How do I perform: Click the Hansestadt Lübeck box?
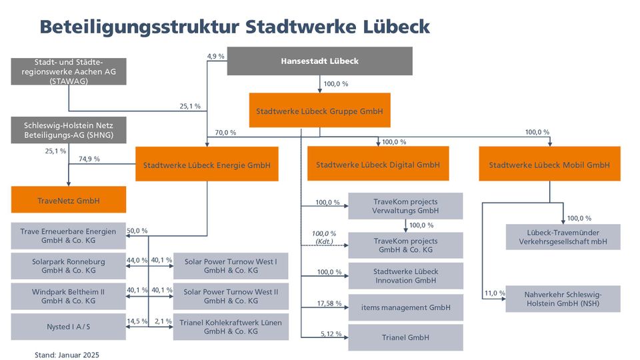(x=320, y=61)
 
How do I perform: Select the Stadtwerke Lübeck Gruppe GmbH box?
(x=319, y=111)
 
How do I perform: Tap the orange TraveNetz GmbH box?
(x=69, y=199)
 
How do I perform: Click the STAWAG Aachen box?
(x=69, y=71)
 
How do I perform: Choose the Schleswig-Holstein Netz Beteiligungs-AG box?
(x=69, y=130)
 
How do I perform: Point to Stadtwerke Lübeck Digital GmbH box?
(x=377, y=164)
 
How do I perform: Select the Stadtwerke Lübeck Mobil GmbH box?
(x=549, y=164)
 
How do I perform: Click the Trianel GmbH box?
(x=405, y=338)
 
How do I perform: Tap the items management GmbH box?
(x=405, y=307)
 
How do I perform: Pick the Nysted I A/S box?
(x=69, y=327)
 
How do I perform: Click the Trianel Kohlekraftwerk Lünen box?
(x=230, y=327)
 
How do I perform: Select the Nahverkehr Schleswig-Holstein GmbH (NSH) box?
(x=563, y=299)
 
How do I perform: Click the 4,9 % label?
(x=216, y=57)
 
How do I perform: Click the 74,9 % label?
(x=89, y=159)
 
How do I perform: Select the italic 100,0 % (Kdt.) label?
(x=324, y=237)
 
